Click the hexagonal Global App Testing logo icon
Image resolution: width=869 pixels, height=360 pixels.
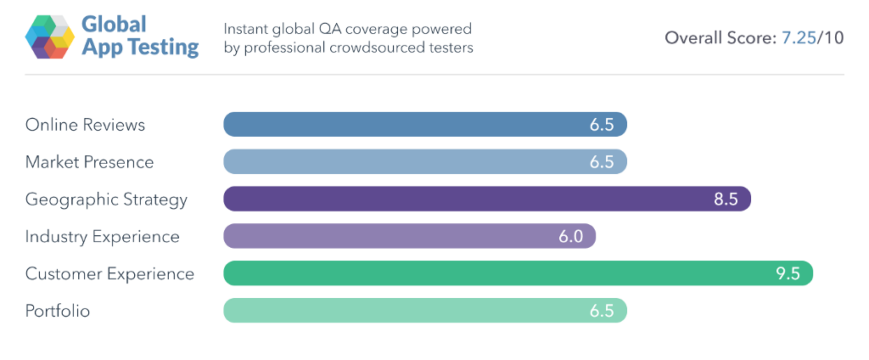(x=50, y=36)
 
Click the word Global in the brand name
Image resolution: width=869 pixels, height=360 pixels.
(x=115, y=24)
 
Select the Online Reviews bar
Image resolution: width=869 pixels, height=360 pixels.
(x=424, y=125)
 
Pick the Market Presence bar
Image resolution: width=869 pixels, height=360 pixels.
(x=424, y=162)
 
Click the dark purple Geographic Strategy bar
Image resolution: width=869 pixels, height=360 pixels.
(x=486, y=200)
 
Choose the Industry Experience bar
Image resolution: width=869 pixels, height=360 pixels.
(x=409, y=236)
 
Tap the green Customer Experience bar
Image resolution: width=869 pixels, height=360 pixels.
(x=518, y=273)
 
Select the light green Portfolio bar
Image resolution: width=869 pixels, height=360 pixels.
(x=424, y=311)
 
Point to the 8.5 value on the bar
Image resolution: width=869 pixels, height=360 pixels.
(x=726, y=200)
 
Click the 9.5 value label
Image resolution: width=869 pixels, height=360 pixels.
(x=788, y=273)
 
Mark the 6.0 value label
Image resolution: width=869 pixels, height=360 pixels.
(x=570, y=236)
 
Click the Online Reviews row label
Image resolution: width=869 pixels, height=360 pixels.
(x=85, y=125)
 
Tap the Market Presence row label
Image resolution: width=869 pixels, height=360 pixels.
(x=89, y=162)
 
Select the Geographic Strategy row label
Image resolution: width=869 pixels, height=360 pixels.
(x=106, y=200)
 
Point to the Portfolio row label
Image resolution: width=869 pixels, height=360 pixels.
(x=58, y=311)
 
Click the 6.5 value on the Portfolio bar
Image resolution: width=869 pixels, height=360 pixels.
(x=602, y=311)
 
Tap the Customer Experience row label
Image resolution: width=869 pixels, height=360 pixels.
(x=109, y=273)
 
